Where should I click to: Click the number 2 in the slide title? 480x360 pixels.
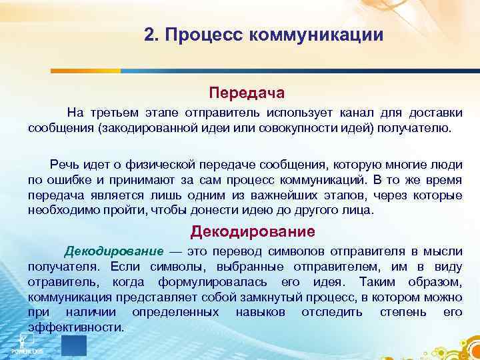149,35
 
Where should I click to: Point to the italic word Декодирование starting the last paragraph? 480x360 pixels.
113,251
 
